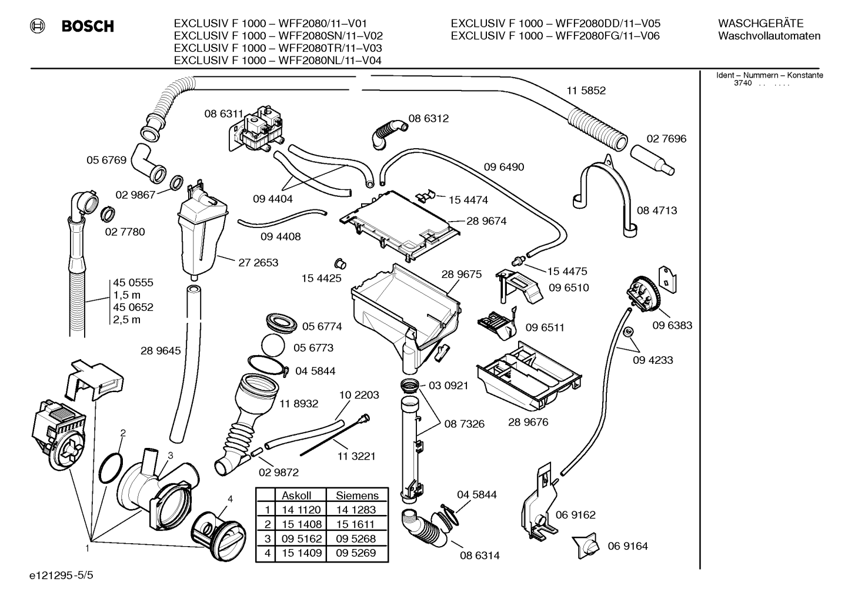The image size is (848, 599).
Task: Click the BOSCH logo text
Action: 88,26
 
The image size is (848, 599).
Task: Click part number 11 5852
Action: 586,91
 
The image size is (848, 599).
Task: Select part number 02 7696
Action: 666,139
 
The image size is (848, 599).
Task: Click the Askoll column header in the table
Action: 296,496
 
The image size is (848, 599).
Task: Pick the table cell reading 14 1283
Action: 356,510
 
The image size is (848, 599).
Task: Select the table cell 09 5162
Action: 301,538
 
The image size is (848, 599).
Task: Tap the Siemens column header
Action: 357,496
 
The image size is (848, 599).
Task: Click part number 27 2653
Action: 258,263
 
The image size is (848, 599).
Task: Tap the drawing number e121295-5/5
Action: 61,575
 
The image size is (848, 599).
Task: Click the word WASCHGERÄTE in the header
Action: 760,24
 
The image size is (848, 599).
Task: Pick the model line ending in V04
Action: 278,61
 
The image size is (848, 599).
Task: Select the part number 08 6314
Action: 480,556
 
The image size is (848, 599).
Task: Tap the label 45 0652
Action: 133,307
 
